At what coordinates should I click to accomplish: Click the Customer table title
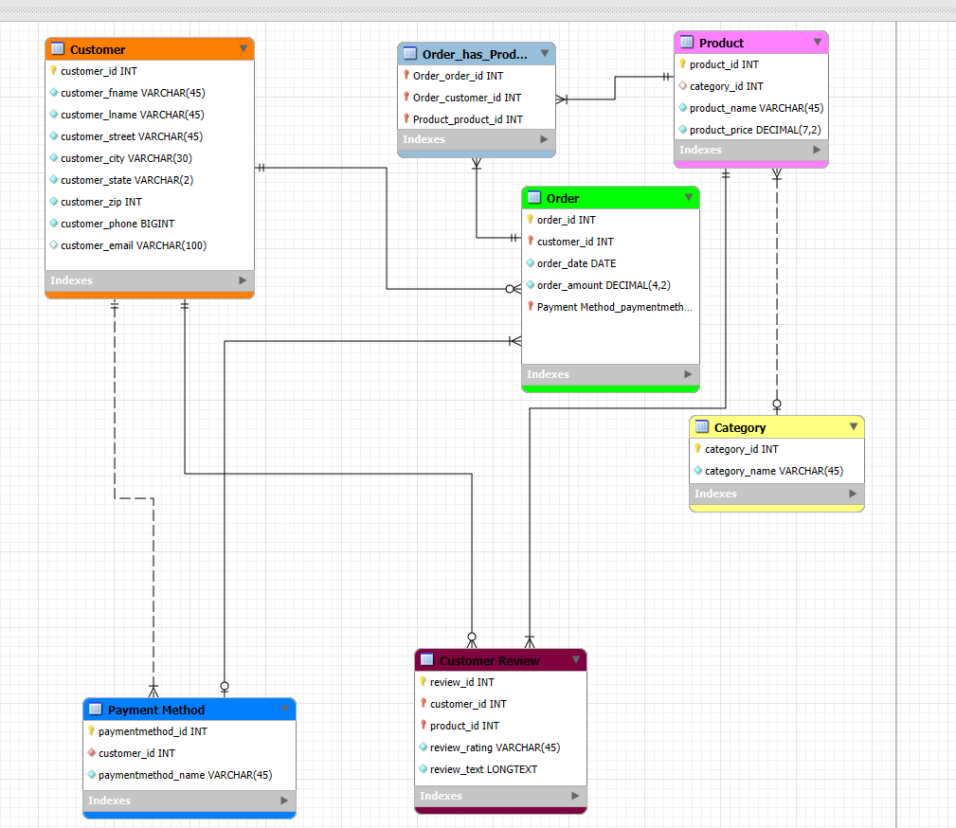(x=98, y=49)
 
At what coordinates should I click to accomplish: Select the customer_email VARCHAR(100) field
(x=134, y=245)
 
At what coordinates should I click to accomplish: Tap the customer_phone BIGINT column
(x=117, y=224)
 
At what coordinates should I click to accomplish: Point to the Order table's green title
(x=563, y=198)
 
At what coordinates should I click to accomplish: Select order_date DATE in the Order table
(x=576, y=263)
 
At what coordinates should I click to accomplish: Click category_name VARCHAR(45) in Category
(x=773, y=471)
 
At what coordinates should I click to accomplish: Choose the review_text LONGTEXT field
(x=483, y=769)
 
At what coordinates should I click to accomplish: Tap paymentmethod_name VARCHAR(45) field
(x=185, y=775)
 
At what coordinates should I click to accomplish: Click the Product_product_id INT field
(x=467, y=119)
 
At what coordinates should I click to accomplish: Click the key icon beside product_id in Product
(x=682, y=64)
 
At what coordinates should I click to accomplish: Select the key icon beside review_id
(x=423, y=682)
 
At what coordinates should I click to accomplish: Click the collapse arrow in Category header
(x=853, y=427)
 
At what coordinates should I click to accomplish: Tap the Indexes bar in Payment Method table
(x=189, y=801)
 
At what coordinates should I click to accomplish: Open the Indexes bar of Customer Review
(x=500, y=796)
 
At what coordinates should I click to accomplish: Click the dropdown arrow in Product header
(x=817, y=43)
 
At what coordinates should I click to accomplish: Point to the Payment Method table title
(x=155, y=710)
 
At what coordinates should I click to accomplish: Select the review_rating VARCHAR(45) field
(x=495, y=747)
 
